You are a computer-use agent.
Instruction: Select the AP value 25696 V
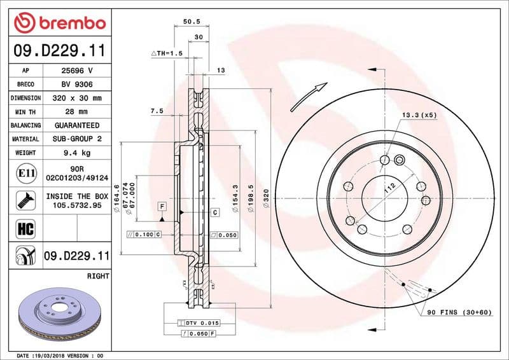click(x=77, y=71)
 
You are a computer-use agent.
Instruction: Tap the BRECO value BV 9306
click(x=77, y=85)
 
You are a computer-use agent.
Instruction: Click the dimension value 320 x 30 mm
click(x=77, y=98)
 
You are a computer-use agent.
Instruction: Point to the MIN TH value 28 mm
click(x=77, y=112)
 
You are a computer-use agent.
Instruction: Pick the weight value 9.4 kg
click(x=77, y=153)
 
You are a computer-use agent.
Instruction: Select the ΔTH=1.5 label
click(x=167, y=53)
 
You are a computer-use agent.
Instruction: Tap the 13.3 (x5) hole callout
click(x=419, y=115)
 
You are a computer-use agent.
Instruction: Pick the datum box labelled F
click(x=162, y=207)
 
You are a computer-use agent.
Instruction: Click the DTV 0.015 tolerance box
click(x=202, y=324)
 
